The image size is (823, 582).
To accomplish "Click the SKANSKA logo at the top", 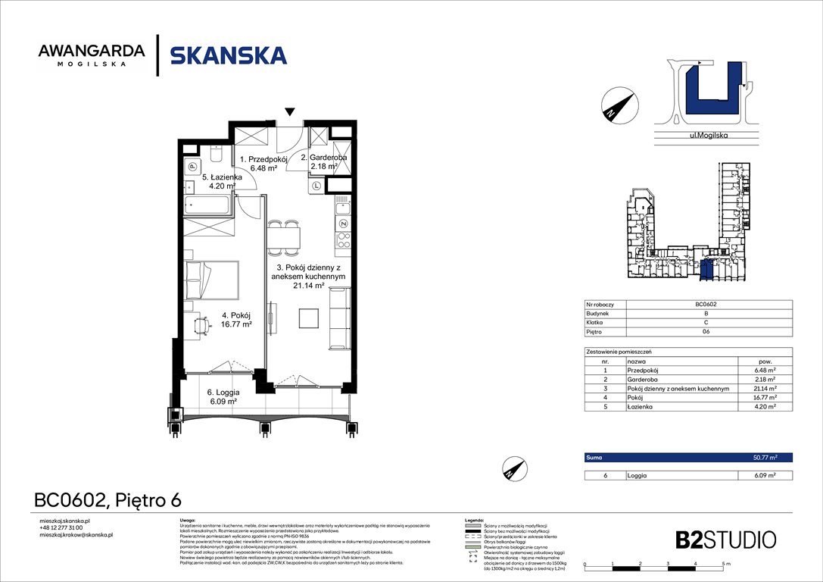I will pyautogui.click(x=228, y=55).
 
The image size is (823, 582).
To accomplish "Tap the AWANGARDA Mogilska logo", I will pyautogui.click(x=91, y=55).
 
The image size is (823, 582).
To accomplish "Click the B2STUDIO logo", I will pyautogui.click(x=725, y=540).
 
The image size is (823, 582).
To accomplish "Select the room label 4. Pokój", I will pyautogui.click(x=235, y=320).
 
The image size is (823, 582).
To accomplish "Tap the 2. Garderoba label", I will pyautogui.click(x=324, y=161).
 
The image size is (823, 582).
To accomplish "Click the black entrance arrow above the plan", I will pyautogui.click(x=289, y=112).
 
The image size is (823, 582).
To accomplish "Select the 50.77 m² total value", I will pyautogui.click(x=765, y=458).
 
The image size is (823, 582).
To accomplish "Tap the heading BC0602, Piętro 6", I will pyautogui.click(x=108, y=500).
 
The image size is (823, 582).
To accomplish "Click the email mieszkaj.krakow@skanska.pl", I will pyautogui.click(x=76, y=535).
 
